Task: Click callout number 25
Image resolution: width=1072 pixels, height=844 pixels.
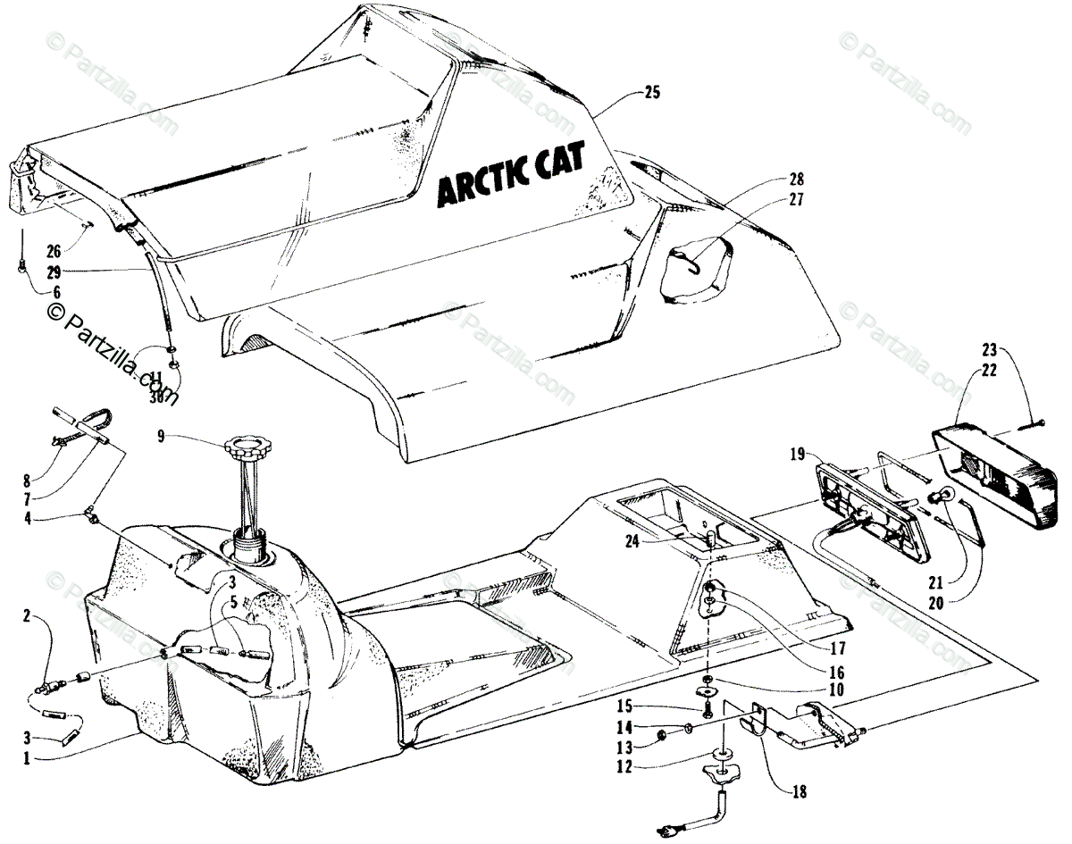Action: coord(651,92)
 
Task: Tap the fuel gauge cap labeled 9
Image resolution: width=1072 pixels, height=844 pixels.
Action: coord(246,444)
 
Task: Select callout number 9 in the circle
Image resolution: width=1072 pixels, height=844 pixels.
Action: coord(161,437)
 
